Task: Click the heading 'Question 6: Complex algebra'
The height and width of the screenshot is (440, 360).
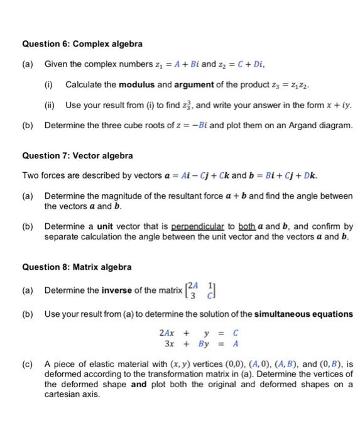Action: [82, 44]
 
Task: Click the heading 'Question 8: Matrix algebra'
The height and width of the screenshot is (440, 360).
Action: [77, 267]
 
